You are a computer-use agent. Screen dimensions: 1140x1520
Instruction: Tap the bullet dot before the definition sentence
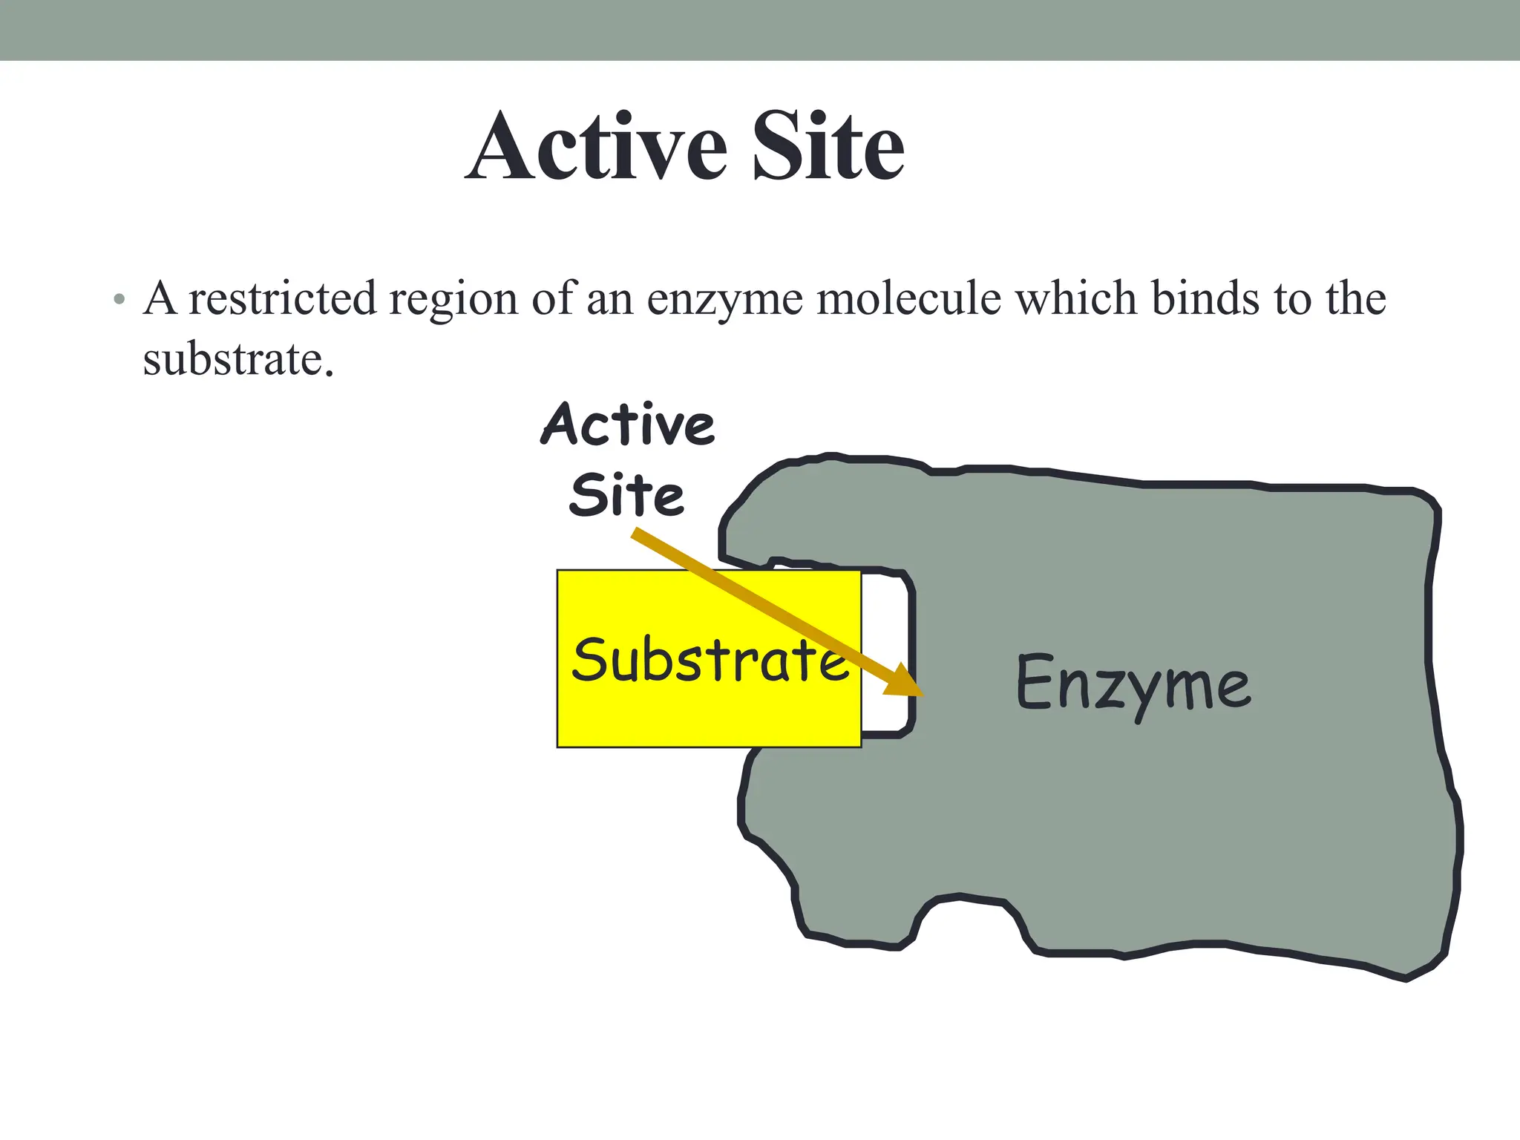[119, 301]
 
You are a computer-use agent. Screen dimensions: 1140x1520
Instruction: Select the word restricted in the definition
[282, 298]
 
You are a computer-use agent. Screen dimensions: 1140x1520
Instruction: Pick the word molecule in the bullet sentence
[909, 298]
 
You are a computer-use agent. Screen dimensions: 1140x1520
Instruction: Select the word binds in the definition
[1205, 298]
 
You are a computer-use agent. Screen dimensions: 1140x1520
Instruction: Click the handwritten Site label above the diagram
[627, 495]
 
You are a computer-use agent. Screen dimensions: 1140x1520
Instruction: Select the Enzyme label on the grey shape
[1133, 684]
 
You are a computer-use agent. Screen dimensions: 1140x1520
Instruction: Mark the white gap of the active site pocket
[885, 638]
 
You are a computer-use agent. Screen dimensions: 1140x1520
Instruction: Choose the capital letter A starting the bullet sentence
[160, 298]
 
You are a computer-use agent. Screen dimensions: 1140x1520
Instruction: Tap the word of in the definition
[553, 298]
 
